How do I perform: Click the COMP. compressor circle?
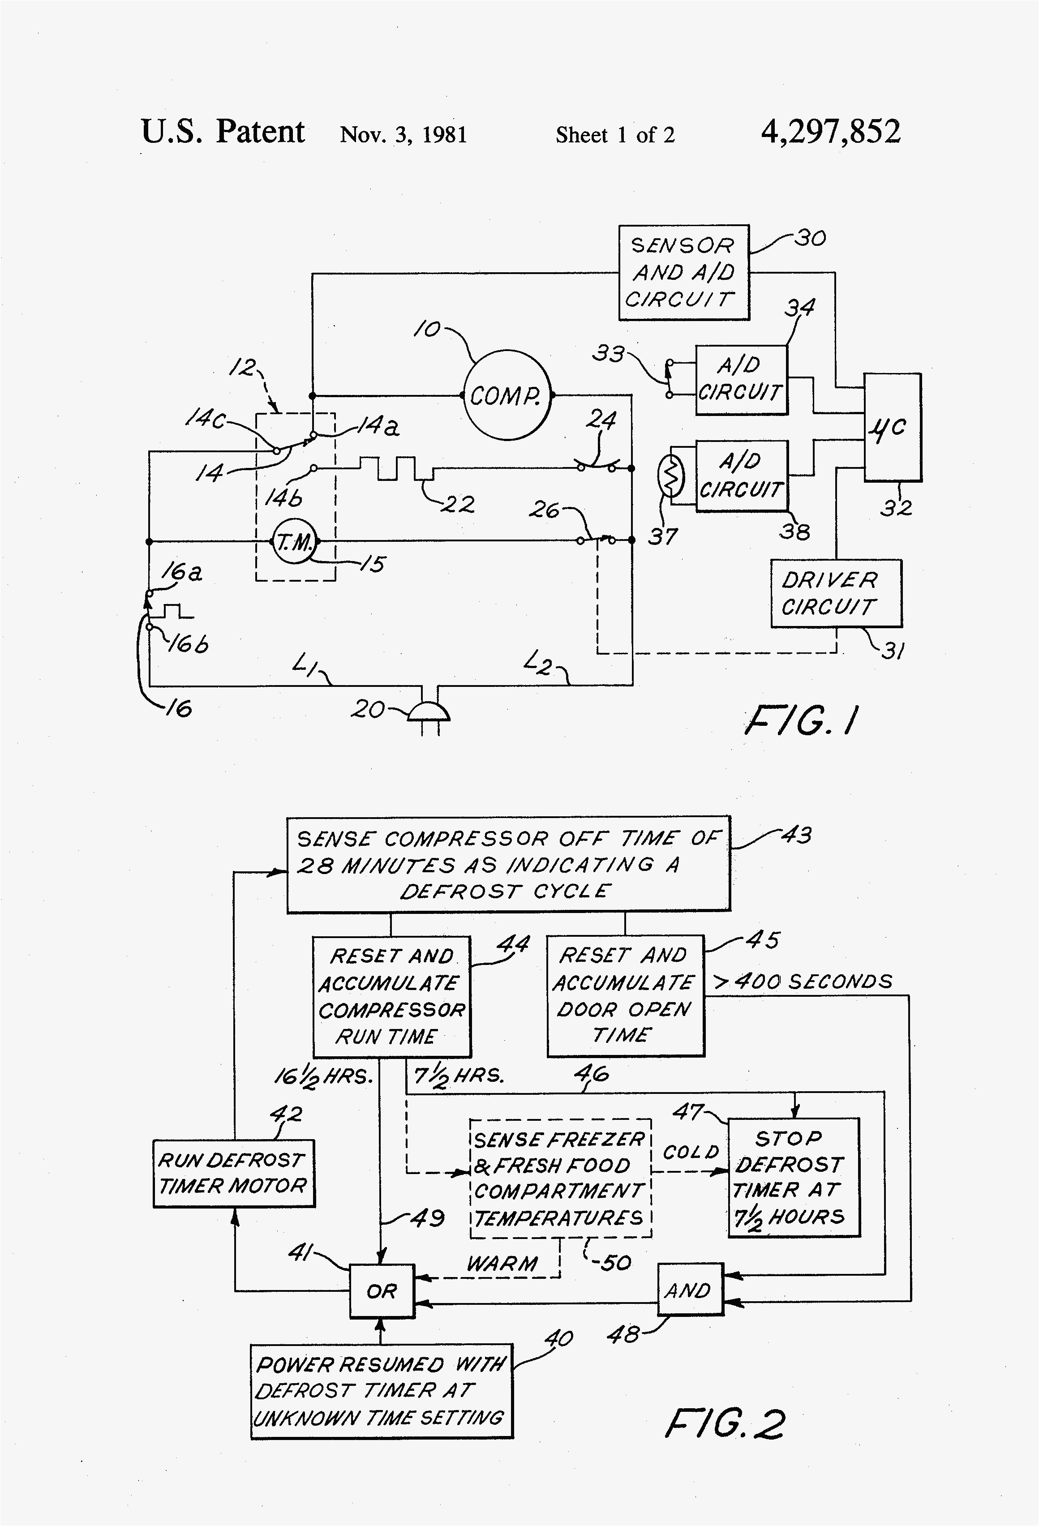(507, 395)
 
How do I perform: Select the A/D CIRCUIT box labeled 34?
(741, 380)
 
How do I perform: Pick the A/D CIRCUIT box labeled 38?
(741, 476)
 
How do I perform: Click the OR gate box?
(382, 1291)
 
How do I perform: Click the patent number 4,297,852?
(830, 132)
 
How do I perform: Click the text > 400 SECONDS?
(803, 982)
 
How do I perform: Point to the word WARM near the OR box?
(502, 1263)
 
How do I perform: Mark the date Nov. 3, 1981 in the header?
(403, 135)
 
